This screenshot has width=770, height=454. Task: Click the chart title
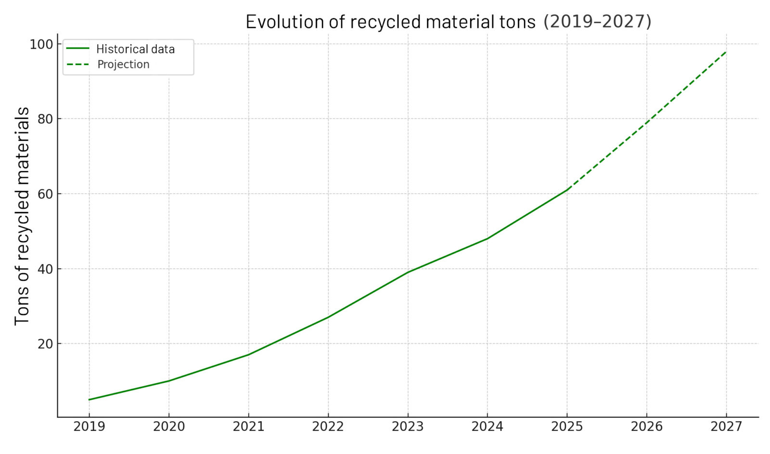pyautogui.click(x=448, y=22)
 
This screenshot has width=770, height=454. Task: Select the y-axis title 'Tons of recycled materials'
pyautogui.click(x=22, y=216)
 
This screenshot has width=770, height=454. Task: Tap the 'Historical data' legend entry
pyautogui.click(x=135, y=49)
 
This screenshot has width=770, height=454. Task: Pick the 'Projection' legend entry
pyautogui.click(x=123, y=65)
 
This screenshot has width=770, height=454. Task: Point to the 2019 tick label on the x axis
pyautogui.click(x=89, y=427)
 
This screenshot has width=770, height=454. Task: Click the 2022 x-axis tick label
pyautogui.click(x=328, y=427)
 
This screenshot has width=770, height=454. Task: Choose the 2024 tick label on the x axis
pyautogui.click(x=487, y=427)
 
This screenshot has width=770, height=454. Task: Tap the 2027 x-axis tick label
pyautogui.click(x=726, y=427)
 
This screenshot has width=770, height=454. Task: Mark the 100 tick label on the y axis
pyautogui.click(x=41, y=44)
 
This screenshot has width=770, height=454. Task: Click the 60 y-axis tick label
pyautogui.click(x=45, y=194)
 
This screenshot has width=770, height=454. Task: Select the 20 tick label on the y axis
pyautogui.click(x=45, y=344)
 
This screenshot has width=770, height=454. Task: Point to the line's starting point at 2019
pyautogui.click(x=89, y=400)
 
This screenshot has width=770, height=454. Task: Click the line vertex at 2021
pyautogui.click(x=248, y=355)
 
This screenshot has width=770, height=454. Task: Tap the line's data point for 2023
pyautogui.click(x=408, y=272)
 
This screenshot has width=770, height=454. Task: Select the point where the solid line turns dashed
pyautogui.click(x=567, y=190)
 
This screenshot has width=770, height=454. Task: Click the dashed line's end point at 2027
pyautogui.click(x=726, y=52)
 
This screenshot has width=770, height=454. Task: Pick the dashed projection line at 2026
pyautogui.click(x=647, y=122)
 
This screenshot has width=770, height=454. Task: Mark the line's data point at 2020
pyautogui.click(x=168, y=381)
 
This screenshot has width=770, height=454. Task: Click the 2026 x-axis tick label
pyautogui.click(x=647, y=427)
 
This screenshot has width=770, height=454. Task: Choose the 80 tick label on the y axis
pyautogui.click(x=45, y=119)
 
